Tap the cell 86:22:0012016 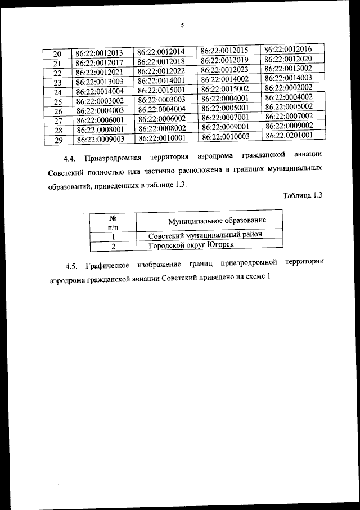click(x=288, y=50)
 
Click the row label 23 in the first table click(x=57, y=82)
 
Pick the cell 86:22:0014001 click(x=162, y=80)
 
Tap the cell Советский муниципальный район click(x=205, y=235)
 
